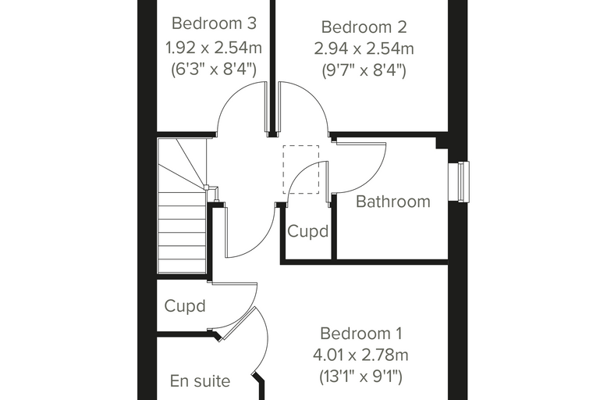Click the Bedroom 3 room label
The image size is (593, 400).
[x=214, y=23]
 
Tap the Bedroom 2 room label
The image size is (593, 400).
[x=364, y=27]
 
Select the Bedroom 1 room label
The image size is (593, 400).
[x=361, y=334]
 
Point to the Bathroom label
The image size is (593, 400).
[x=393, y=202]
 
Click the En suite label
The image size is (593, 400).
[x=200, y=381]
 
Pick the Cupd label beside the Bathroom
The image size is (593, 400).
[x=308, y=231]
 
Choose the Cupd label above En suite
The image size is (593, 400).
[x=185, y=306]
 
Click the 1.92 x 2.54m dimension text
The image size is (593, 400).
[x=214, y=48]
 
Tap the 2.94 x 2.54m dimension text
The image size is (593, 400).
[x=364, y=49]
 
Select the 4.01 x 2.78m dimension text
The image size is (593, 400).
[x=360, y=355]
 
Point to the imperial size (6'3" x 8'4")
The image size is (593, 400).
[x=214, y=70]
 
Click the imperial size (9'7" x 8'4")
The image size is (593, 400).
[x=364, y=70]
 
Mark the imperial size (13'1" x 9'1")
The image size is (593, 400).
[x=360, y=377]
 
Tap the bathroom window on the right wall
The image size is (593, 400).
[x=463, y=181]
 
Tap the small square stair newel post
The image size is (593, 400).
[x=206, y=187]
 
